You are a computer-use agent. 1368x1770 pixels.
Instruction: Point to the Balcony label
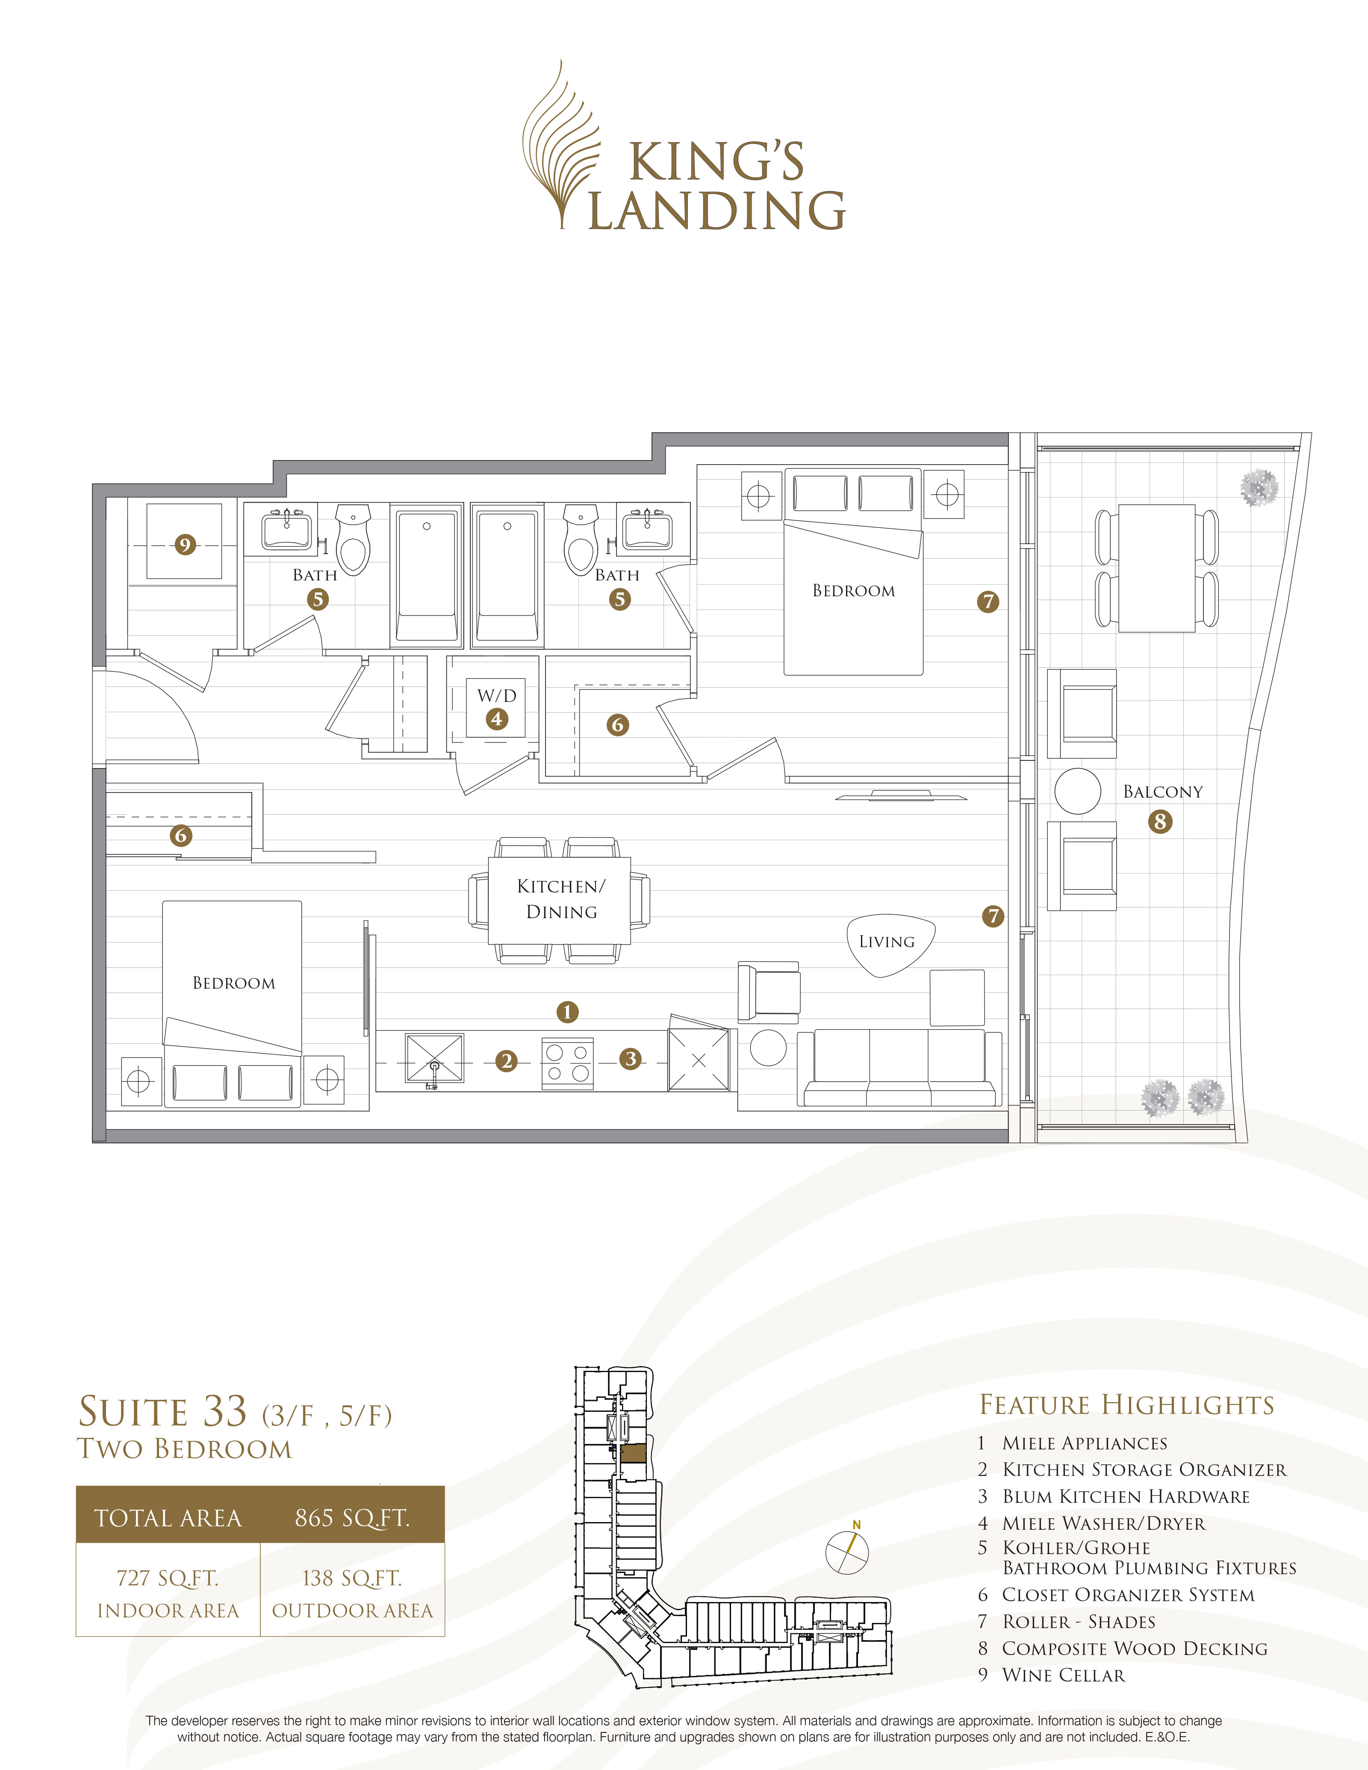(1162, 792)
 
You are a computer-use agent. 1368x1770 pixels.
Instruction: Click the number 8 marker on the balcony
(1160, 822)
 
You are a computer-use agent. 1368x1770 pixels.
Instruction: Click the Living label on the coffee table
(887, 942)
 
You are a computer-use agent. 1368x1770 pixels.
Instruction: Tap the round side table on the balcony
(1077, 791)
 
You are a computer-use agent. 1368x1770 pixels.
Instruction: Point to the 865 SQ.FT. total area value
(352, 1518)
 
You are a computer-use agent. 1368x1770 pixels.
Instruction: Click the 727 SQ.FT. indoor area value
(168, 1578)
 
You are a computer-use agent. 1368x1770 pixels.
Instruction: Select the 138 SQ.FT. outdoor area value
(352, 1578)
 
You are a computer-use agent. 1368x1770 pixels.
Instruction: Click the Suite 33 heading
(162, 1412)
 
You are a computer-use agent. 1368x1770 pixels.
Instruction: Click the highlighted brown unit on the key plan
(633, 1453)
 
